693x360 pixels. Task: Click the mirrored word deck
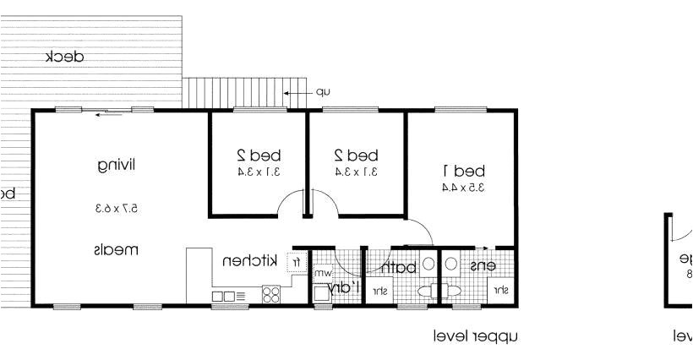pos(64,57)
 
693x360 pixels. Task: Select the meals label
pos(116,250)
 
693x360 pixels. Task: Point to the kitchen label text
pos(249,261)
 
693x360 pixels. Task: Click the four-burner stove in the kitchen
pos(271,295)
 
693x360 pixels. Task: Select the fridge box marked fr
pos(297,262)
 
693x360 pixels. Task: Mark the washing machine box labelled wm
pos(323,274)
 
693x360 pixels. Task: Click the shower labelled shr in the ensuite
pos(500,291)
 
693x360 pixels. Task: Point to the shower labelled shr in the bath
pos(380,292)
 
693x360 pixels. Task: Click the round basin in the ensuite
pos(450,264)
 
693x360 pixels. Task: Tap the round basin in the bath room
pos(428,264)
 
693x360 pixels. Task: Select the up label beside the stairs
pos(322,92)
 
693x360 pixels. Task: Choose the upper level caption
pos(473,336)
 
